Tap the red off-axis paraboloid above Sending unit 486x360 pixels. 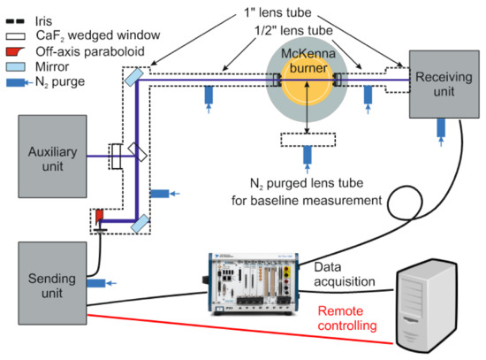click(99, 215)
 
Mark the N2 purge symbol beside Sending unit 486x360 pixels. click(98, 283)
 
